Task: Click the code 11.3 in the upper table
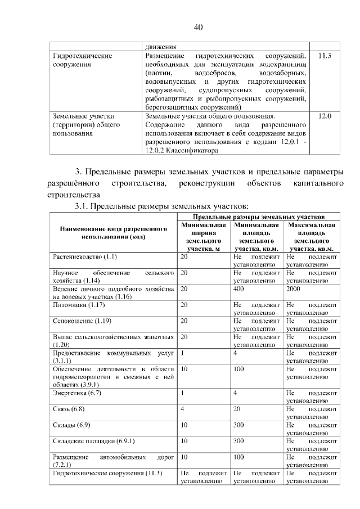pos(325,57)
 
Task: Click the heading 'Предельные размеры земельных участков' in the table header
pos(259,217)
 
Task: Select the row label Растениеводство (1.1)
pos(85,257)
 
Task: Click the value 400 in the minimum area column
pos(239,289)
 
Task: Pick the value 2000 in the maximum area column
pos(294,289)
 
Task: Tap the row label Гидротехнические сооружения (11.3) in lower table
pos(107,474)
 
